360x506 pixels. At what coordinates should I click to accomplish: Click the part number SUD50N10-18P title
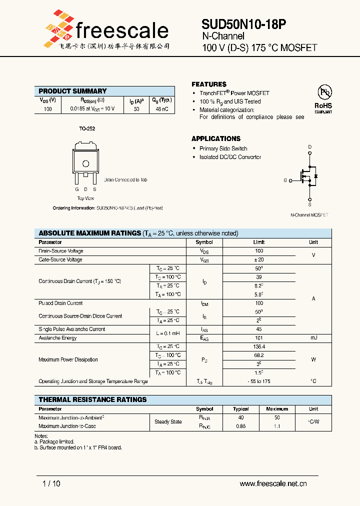[x=243, y=24]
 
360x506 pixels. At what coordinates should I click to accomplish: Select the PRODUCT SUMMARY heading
[x=72, y=91]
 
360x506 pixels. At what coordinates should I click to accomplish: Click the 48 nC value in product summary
[x=162, y=108]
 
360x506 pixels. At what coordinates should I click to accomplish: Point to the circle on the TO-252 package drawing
[x=85, y=163]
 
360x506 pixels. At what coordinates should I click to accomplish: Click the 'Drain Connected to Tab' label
[x=125, y=179]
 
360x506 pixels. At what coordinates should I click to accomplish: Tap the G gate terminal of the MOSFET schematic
[x=285, y=180]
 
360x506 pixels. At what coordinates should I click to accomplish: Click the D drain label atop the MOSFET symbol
[x=309, y=146]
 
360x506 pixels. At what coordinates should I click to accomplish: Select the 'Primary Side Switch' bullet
[x=223, y=148]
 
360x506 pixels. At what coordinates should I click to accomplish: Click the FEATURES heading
[x=209, y=84]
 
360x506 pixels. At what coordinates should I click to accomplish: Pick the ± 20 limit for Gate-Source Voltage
[x=258, y=259]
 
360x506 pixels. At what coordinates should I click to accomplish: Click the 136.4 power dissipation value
[x=258, y=346]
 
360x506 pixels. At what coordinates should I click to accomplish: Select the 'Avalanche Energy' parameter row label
[x=58, y=338]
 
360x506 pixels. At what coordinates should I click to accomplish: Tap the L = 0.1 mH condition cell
[x=167, y=329]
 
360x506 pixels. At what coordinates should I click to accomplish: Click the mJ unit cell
[x=313, y=338]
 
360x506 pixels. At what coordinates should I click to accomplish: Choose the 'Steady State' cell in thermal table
[x=168, y=421]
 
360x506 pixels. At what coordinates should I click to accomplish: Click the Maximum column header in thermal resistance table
[x=277, y=409]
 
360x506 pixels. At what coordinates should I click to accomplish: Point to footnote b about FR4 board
[x=78, y=447]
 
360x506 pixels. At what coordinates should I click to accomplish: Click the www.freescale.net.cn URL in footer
[x=273, y=483]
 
